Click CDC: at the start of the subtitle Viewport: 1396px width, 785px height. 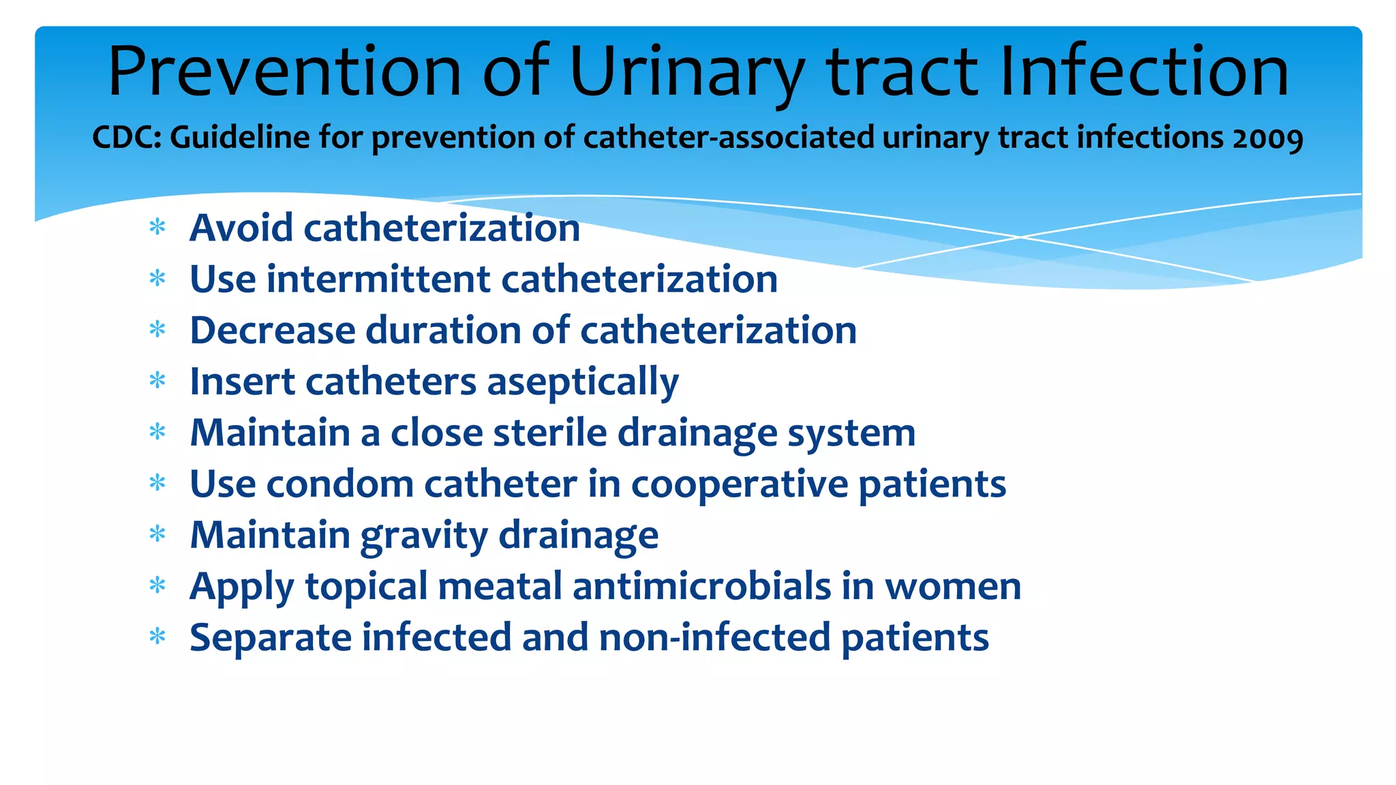[x=127, y=138]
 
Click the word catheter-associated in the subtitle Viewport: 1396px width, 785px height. [x=728, y=138]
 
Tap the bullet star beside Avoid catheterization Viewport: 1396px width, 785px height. [x=157, y=228]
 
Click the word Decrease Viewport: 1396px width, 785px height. [x=273, y=330]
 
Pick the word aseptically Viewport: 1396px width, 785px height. [x=583, y=382]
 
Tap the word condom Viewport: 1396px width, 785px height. [x=339, y=484]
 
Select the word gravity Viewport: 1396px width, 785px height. [x=423, y=536]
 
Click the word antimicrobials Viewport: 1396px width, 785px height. [x=702, y=586]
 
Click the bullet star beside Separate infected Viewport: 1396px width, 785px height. [x=157, y=638]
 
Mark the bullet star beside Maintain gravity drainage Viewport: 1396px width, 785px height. [x=157, y=535]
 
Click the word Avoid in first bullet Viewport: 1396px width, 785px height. [x=241, y=228]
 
